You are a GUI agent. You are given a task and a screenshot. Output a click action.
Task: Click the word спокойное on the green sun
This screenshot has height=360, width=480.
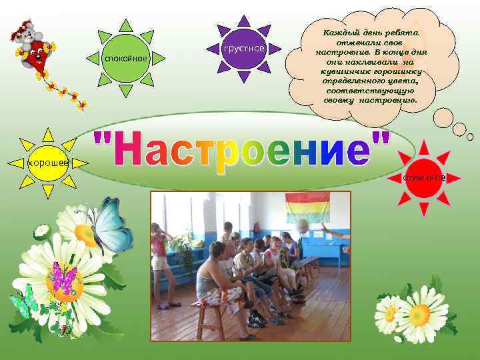(x=125, y=59)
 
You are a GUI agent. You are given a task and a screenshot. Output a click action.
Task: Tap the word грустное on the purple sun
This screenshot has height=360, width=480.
(x=244, y=49)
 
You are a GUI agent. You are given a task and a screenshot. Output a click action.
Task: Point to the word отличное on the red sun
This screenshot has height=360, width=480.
(x=424, y=177)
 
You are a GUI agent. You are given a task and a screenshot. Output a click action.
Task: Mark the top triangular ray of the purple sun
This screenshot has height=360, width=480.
(x=244, y=21)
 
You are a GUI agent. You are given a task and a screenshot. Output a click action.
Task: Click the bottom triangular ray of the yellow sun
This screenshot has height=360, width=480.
(x=47, y=192)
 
